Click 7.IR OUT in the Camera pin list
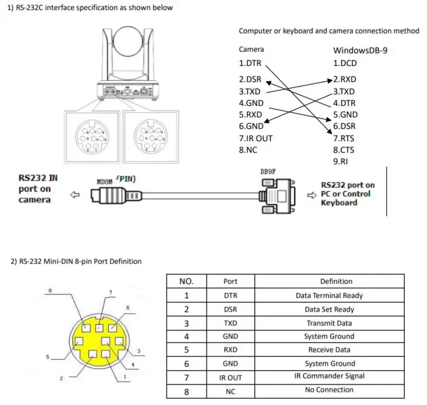[x=256, y=138]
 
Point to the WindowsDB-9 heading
[x=360, y=50]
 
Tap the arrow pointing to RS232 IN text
[x=75, y=194]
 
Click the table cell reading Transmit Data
[x=329, y=323]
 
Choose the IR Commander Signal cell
[x=329, y=376]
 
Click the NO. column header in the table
[x=187, y=281]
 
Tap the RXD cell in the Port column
[x=231, y=350]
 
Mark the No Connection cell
[x=329, y=390]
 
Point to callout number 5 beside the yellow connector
[x=47, y=356]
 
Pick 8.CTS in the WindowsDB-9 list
[x=345, y=150]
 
